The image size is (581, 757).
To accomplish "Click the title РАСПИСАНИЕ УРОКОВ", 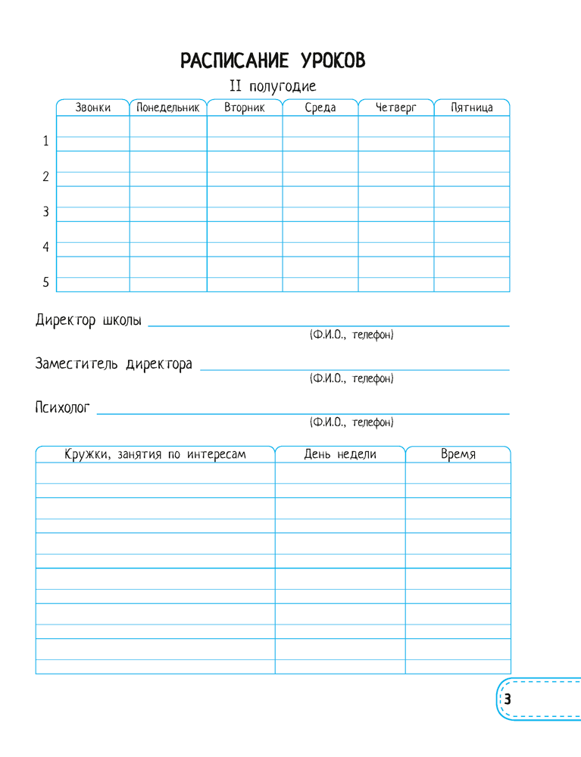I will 273,61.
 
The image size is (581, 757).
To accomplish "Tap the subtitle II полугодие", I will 273,86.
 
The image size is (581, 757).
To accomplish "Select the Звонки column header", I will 92,107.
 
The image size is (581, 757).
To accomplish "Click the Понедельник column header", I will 168,107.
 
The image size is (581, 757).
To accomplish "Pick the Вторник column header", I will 245,107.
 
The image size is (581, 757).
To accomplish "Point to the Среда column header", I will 320,107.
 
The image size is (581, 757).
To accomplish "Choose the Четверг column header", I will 396,107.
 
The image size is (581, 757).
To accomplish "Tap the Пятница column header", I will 471,107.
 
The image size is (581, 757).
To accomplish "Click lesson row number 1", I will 45,141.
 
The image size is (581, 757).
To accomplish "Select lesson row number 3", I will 45,212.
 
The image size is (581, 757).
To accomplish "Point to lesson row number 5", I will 45,282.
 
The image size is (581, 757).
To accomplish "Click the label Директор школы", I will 88,319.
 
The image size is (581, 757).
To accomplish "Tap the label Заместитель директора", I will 114,363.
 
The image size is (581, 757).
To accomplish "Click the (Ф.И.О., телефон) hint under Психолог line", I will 351,422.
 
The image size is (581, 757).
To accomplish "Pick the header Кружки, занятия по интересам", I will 155,454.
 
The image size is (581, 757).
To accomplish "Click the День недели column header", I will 340,454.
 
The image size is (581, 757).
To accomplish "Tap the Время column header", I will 458,454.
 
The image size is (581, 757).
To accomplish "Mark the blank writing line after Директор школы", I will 329,325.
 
